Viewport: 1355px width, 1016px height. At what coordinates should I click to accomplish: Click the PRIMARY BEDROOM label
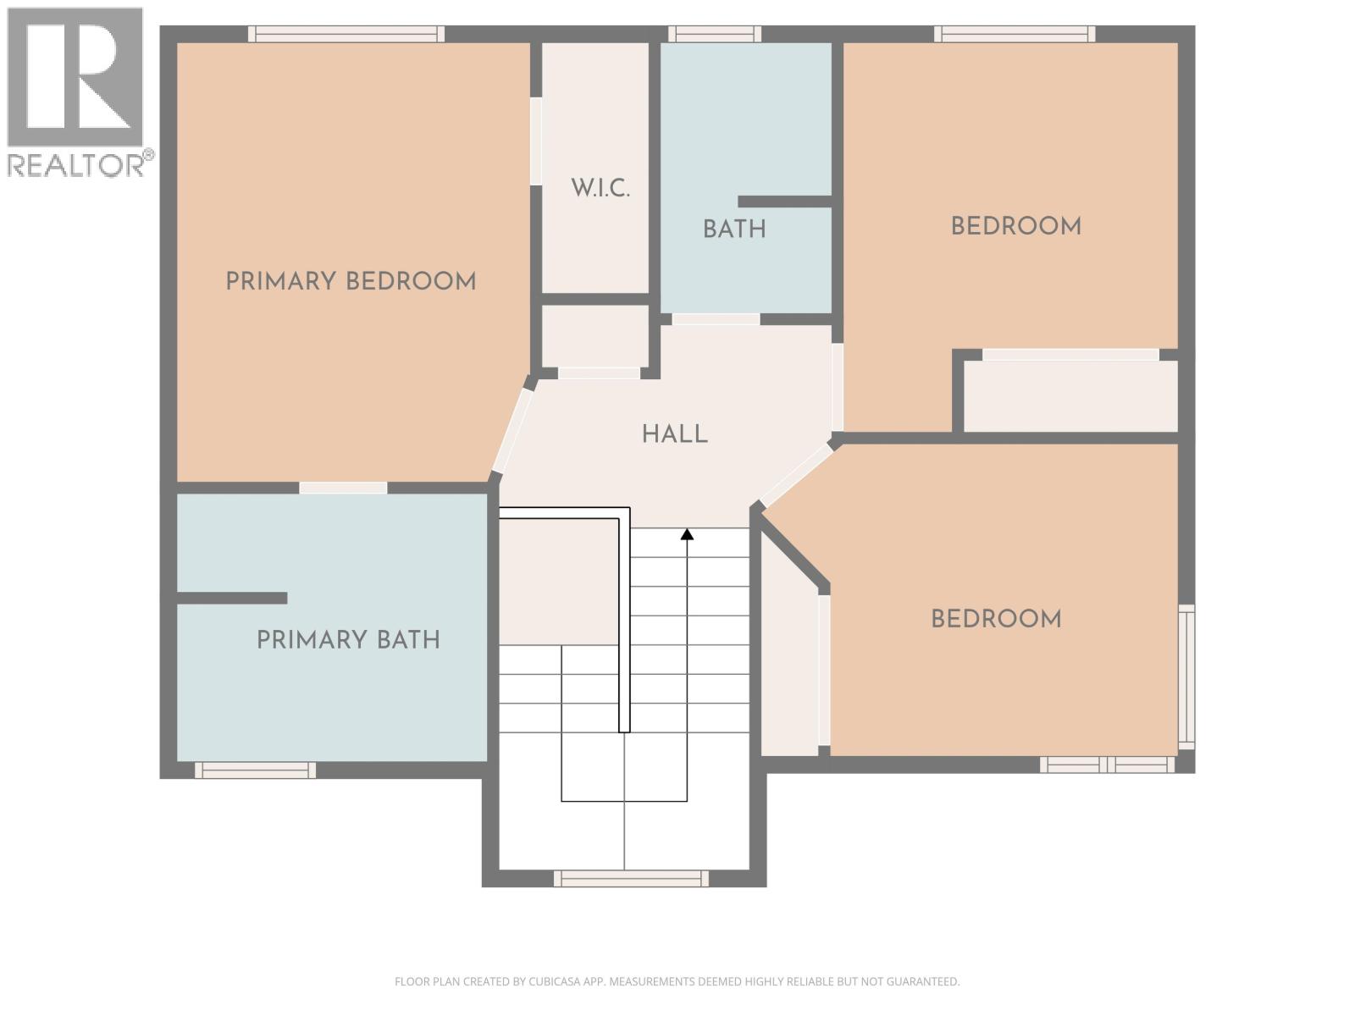351,281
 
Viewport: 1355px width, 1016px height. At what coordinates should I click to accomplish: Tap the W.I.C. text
600,188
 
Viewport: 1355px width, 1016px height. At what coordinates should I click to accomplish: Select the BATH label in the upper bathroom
734,229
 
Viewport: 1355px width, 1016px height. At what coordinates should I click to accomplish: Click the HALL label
674,434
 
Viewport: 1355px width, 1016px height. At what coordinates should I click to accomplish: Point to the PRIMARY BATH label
348,639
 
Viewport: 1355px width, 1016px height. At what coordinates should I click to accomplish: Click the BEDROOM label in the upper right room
1015,226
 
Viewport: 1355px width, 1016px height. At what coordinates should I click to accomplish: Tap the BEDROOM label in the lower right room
996,619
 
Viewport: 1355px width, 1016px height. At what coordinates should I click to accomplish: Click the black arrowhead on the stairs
687,534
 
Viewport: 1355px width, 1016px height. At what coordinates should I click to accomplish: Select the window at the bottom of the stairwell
631,879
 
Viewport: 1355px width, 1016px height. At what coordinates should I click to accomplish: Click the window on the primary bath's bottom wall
255,770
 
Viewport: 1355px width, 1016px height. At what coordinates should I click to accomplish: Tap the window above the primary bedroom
346,34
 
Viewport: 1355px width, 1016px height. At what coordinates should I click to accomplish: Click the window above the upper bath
714,34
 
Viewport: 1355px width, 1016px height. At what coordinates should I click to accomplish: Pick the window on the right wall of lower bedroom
1187,676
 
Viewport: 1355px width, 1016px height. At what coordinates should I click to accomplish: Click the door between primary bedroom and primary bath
343,488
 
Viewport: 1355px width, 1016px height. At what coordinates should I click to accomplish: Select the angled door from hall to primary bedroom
512,430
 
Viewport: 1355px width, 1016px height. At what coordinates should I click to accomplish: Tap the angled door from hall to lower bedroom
796,476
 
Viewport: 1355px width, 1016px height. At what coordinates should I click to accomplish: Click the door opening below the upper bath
716,319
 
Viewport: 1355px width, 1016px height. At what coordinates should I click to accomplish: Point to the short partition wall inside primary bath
232,598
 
